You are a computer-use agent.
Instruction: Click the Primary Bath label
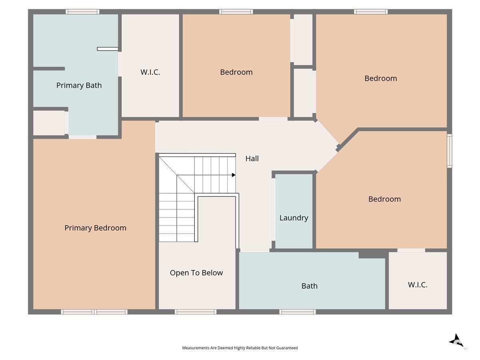coord(79,85)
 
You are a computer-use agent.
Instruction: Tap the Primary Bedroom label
coord(95,228)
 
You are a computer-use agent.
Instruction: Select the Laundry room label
coord(294,218)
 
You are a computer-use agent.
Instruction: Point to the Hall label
coord(252,158)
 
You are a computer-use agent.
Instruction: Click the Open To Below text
coord(196,273)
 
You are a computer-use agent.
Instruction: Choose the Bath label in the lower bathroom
coord(310,286)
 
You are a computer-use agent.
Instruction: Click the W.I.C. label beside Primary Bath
coord(150,72)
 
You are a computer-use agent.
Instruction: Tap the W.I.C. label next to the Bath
coord(418,285)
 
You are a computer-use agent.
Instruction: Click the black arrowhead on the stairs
coord(234,175)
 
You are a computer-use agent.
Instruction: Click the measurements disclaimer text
coord(240,348)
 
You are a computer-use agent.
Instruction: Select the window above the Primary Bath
coord(82,12)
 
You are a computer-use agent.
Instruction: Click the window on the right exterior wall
coord(449,151)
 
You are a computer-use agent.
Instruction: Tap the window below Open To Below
coord(196,312)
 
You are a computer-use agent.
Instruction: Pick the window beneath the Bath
coord(298,312)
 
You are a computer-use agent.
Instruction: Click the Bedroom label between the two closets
coord(236,72)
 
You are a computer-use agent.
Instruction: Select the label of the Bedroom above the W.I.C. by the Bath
coord(384,199)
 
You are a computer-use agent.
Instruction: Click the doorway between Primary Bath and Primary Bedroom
coord(83,137)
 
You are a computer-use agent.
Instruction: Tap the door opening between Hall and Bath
coord(255,250)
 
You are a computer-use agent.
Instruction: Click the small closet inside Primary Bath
coord(49,123)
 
